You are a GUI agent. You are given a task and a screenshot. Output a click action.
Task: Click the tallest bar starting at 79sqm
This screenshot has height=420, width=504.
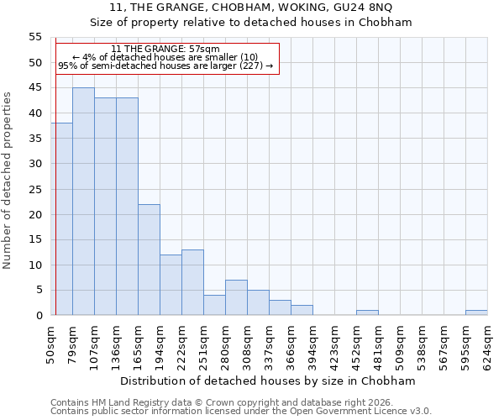[x=83, y=202]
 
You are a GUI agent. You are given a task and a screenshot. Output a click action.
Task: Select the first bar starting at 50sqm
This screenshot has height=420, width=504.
[x=61, y=219]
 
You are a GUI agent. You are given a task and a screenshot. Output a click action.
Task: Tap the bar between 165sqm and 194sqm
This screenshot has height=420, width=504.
[x=149, y=260]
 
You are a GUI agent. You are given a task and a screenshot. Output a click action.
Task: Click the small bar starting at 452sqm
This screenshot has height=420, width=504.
[x=367, y=312]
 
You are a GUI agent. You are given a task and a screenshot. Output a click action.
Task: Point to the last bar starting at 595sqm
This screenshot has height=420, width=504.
[x=476, y=312]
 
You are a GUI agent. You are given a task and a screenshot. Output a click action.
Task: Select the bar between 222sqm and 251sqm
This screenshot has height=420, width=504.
[x=192, y=282]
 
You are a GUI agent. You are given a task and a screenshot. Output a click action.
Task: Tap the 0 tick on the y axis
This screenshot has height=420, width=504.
[x=39, y=315]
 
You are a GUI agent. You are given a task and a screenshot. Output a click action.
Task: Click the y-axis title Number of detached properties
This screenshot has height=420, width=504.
[x=8, y=180]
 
